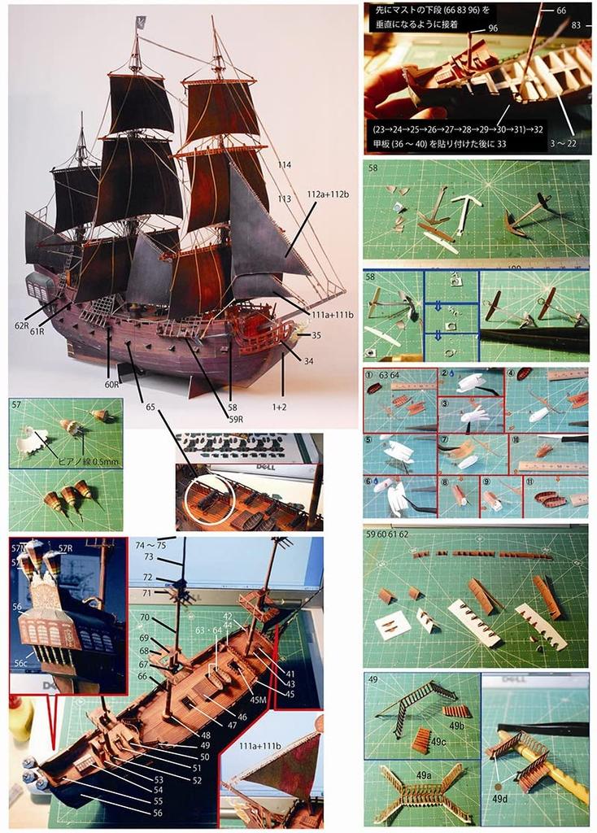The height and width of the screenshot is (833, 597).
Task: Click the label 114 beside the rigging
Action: [284, 165]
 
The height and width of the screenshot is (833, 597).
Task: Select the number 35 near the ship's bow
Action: [316, 334]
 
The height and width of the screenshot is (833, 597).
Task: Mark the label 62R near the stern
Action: [21, 325]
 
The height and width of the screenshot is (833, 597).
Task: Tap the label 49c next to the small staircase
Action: [438, 741]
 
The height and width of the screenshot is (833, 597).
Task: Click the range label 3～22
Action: [574, 143]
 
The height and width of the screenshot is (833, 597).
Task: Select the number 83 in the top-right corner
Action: [577, 25]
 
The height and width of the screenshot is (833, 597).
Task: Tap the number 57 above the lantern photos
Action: [17, 403]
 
